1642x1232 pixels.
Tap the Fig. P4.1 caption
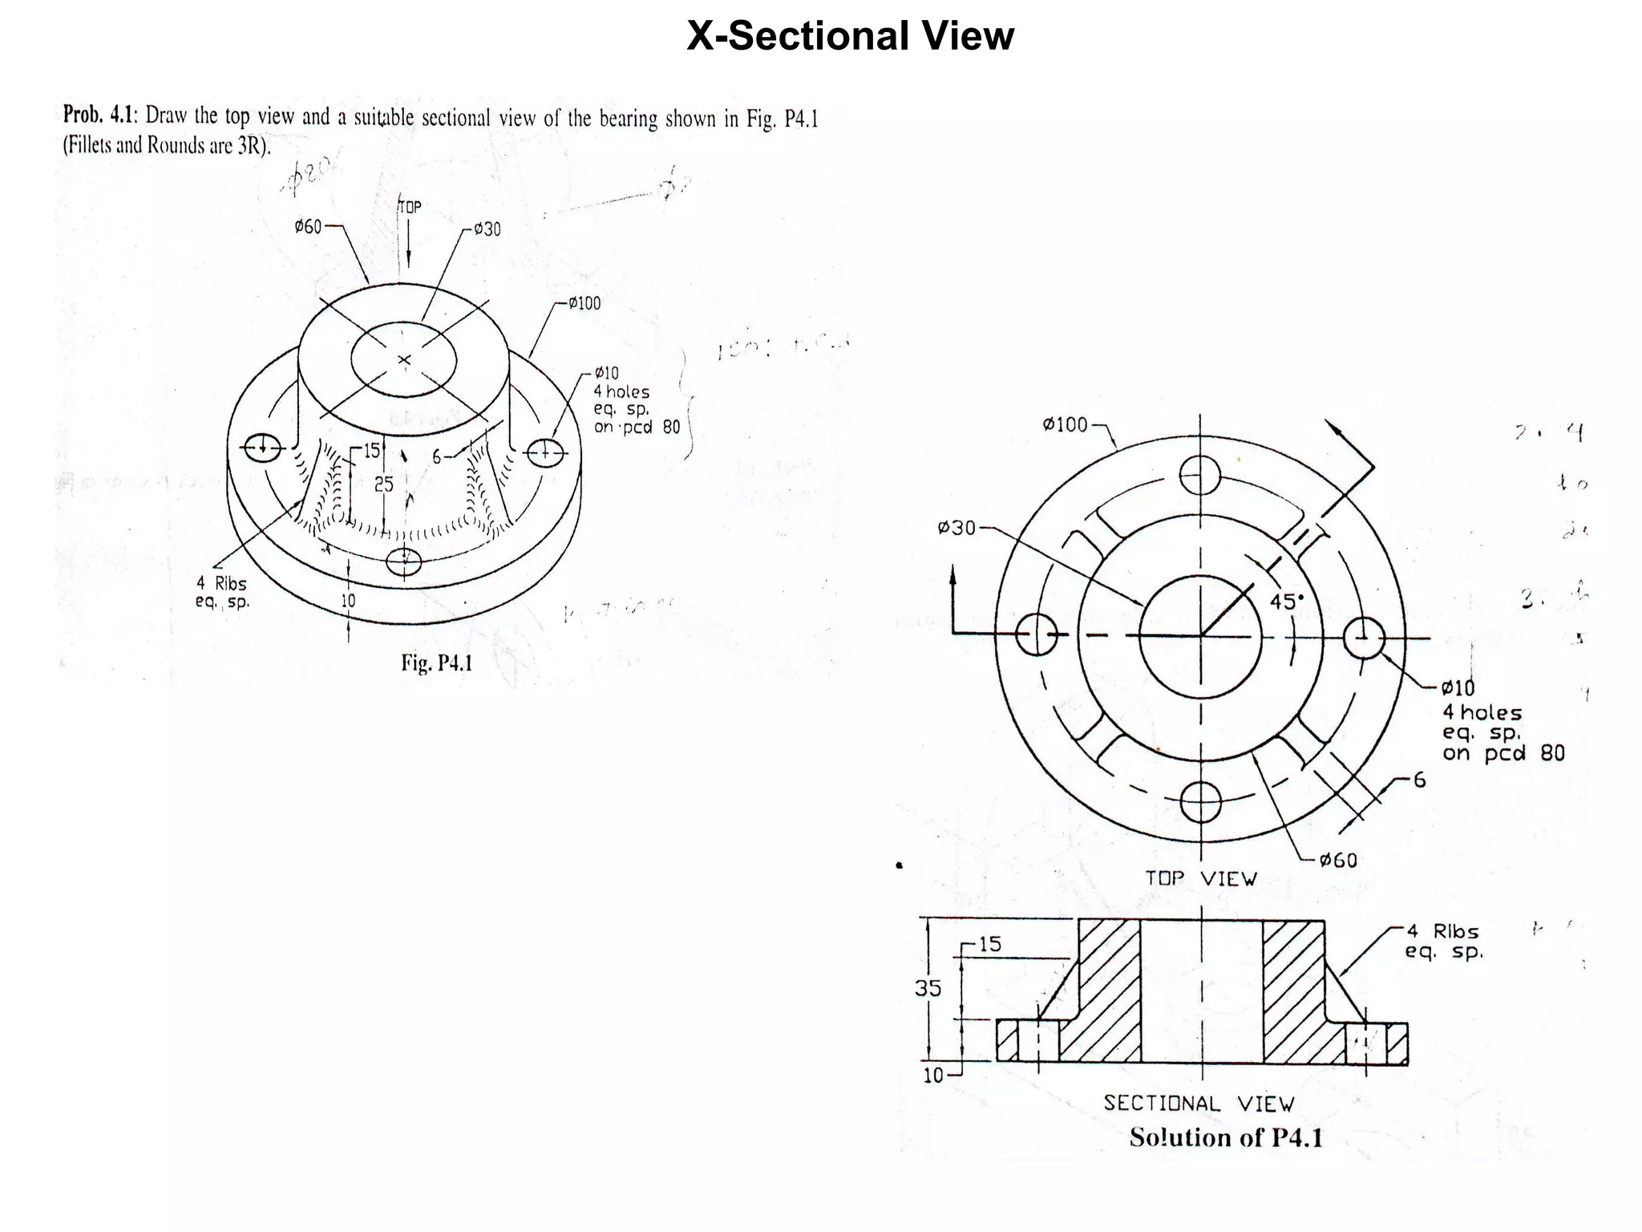click(x=436, y=663)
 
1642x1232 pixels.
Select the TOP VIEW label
click(x=1200, y=879)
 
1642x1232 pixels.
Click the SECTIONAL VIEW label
click(x=1199, y=1104)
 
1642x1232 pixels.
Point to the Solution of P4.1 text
click(x=1226, y=1137)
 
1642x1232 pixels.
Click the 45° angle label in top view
click(x=1287, y=602)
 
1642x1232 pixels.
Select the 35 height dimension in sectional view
click(x=928, y=988)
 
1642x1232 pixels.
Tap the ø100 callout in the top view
click(x=1066, y=424)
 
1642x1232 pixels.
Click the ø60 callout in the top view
click(x=1338, y=861)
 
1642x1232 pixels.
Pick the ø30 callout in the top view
click(x=956, y=528)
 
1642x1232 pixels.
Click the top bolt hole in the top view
click(x=1200, y=476)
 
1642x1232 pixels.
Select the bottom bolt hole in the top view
click(x=1200, y=802)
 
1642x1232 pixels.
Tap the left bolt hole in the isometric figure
click(x=262, y=448)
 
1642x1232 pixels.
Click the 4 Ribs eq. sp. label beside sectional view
click(x=1443, y=942)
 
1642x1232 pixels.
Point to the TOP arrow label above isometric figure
click(x=409, y=207)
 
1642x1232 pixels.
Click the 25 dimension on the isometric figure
click(x=383, y=484)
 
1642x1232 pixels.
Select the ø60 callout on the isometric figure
click(x=308, y=227)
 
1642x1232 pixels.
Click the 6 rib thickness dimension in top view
click(x=1419, y=780)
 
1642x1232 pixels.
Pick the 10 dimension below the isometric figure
click(x=348, y=600)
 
